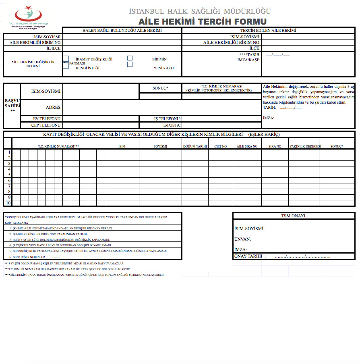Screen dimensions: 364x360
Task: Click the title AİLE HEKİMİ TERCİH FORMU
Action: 202,21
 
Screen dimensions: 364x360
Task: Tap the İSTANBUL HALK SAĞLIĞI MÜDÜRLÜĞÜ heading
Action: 200,11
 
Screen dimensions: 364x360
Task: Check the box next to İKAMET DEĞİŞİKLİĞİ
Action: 66,59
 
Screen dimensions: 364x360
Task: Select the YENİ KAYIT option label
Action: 164,68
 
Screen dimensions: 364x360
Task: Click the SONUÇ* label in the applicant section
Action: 160,88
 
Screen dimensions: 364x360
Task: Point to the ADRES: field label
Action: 54,108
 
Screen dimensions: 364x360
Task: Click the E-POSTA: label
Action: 172,125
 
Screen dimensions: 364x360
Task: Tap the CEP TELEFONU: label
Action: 47,125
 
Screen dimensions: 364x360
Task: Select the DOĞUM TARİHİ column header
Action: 195,146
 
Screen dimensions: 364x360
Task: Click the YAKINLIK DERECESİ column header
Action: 304,146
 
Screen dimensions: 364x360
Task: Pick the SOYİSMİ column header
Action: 160,146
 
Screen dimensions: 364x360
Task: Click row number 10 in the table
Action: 8,203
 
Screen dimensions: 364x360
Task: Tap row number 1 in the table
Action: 9,152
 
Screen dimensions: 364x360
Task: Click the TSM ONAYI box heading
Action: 293,216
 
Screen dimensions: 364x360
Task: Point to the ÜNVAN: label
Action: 242,239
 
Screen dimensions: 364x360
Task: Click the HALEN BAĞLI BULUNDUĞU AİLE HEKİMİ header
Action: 122,31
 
